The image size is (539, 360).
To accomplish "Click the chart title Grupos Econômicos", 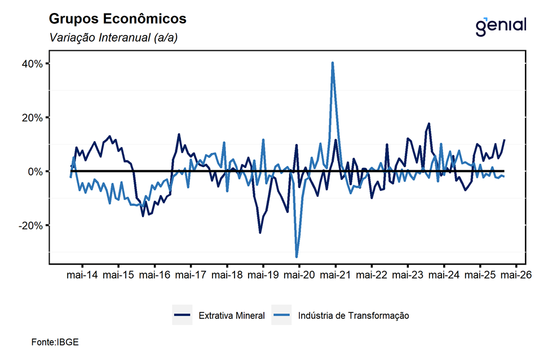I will (x=117, y=19).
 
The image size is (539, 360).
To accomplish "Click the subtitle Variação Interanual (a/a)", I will (x=110, y=38).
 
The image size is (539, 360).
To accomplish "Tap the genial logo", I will (x=501, y=25).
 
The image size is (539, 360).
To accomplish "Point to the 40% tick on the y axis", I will (x=32, y=64).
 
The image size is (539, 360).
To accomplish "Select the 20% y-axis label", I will (x=32, y=117).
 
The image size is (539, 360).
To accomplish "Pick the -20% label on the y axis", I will (x=31, y=225).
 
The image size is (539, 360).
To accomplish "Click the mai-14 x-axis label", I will (x=82, y=275).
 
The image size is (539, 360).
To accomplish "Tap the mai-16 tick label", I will (x=154, y=275).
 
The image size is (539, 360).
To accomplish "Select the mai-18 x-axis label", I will (x=227, y=275).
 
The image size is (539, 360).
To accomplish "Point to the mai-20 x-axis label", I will (x=299, y=275).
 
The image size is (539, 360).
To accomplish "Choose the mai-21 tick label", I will (x=335, y=275).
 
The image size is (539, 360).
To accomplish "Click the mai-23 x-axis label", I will (x=408, y=275).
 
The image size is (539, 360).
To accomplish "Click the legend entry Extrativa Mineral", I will (x=231, y=315).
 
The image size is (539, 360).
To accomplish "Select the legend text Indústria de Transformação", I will (x=353, y=315).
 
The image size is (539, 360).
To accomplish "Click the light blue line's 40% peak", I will (x=333, y=63).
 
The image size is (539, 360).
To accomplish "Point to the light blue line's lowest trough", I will (x=297, y=257).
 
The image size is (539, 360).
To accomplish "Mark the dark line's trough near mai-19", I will (x=260, y=232).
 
